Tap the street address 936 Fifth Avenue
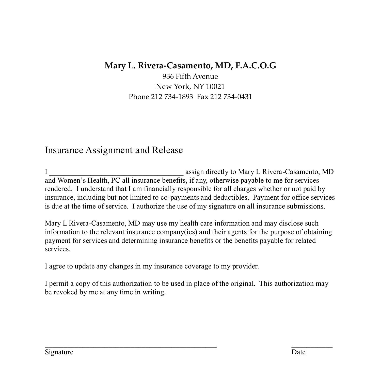tap(190, 76)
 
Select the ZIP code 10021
tap(215, 87)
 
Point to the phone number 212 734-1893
tap(172, 97)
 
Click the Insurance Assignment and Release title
tap(114, 150)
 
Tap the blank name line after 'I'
tap(116, 173)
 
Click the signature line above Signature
tap(131, 346)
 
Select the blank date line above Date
tap(312, 346)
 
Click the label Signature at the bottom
tap(59, 352)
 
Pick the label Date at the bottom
tap(298, 352)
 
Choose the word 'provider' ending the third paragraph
tap(245, 266)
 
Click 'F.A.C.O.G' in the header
tap(256, 66)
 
